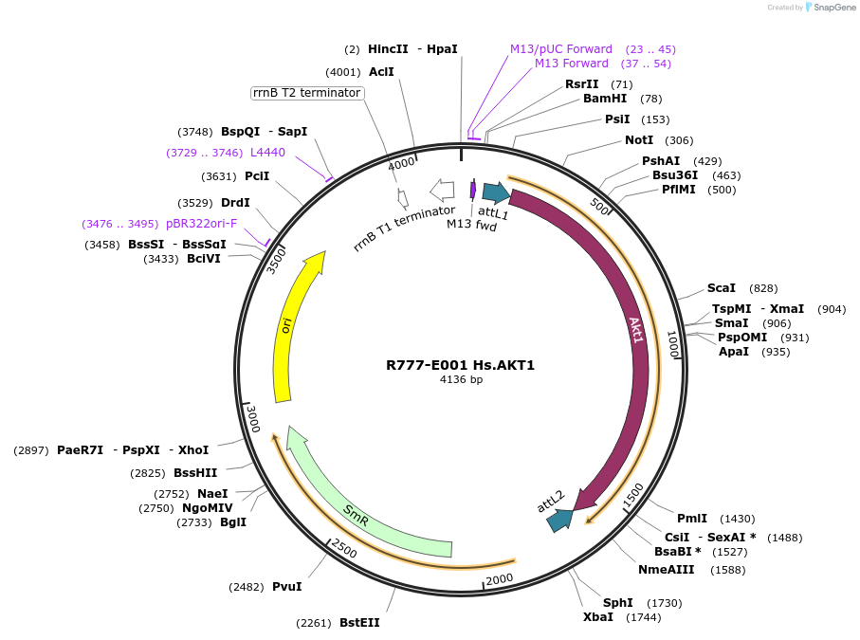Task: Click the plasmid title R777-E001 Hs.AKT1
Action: [x=460, y=365]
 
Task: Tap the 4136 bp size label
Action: [x=461, y=380]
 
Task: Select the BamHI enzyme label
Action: [x=605, y=99]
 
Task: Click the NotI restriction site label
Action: [x=639, y=140]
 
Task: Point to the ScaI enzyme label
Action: [x=722, y=288]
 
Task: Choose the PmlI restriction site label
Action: [x=692, y=519]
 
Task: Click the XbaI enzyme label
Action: [x=599, y=617]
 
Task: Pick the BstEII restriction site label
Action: [x=359, y=623]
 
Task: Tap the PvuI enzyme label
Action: [x=287, y=587]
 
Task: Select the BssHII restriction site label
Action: [x=195, y=473]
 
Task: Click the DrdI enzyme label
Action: [x=235, y=203]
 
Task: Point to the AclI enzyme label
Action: [x=381, y=72]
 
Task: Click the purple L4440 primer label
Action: [x=267, y=153]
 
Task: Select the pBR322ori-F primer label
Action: [x=202, y=224]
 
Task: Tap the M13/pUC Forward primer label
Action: [x=561, y=49]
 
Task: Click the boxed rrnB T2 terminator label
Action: [x=306, y=93]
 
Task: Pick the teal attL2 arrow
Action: [x=559, y=519]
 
